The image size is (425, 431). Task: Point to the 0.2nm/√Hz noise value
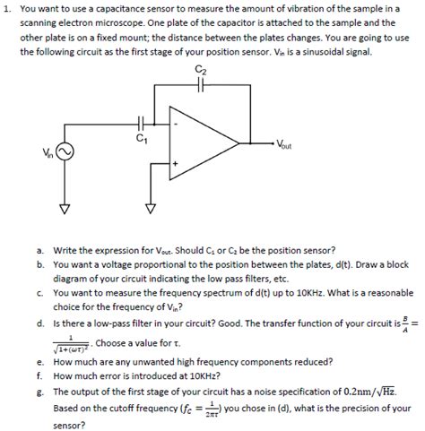click(x=364, y=392)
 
